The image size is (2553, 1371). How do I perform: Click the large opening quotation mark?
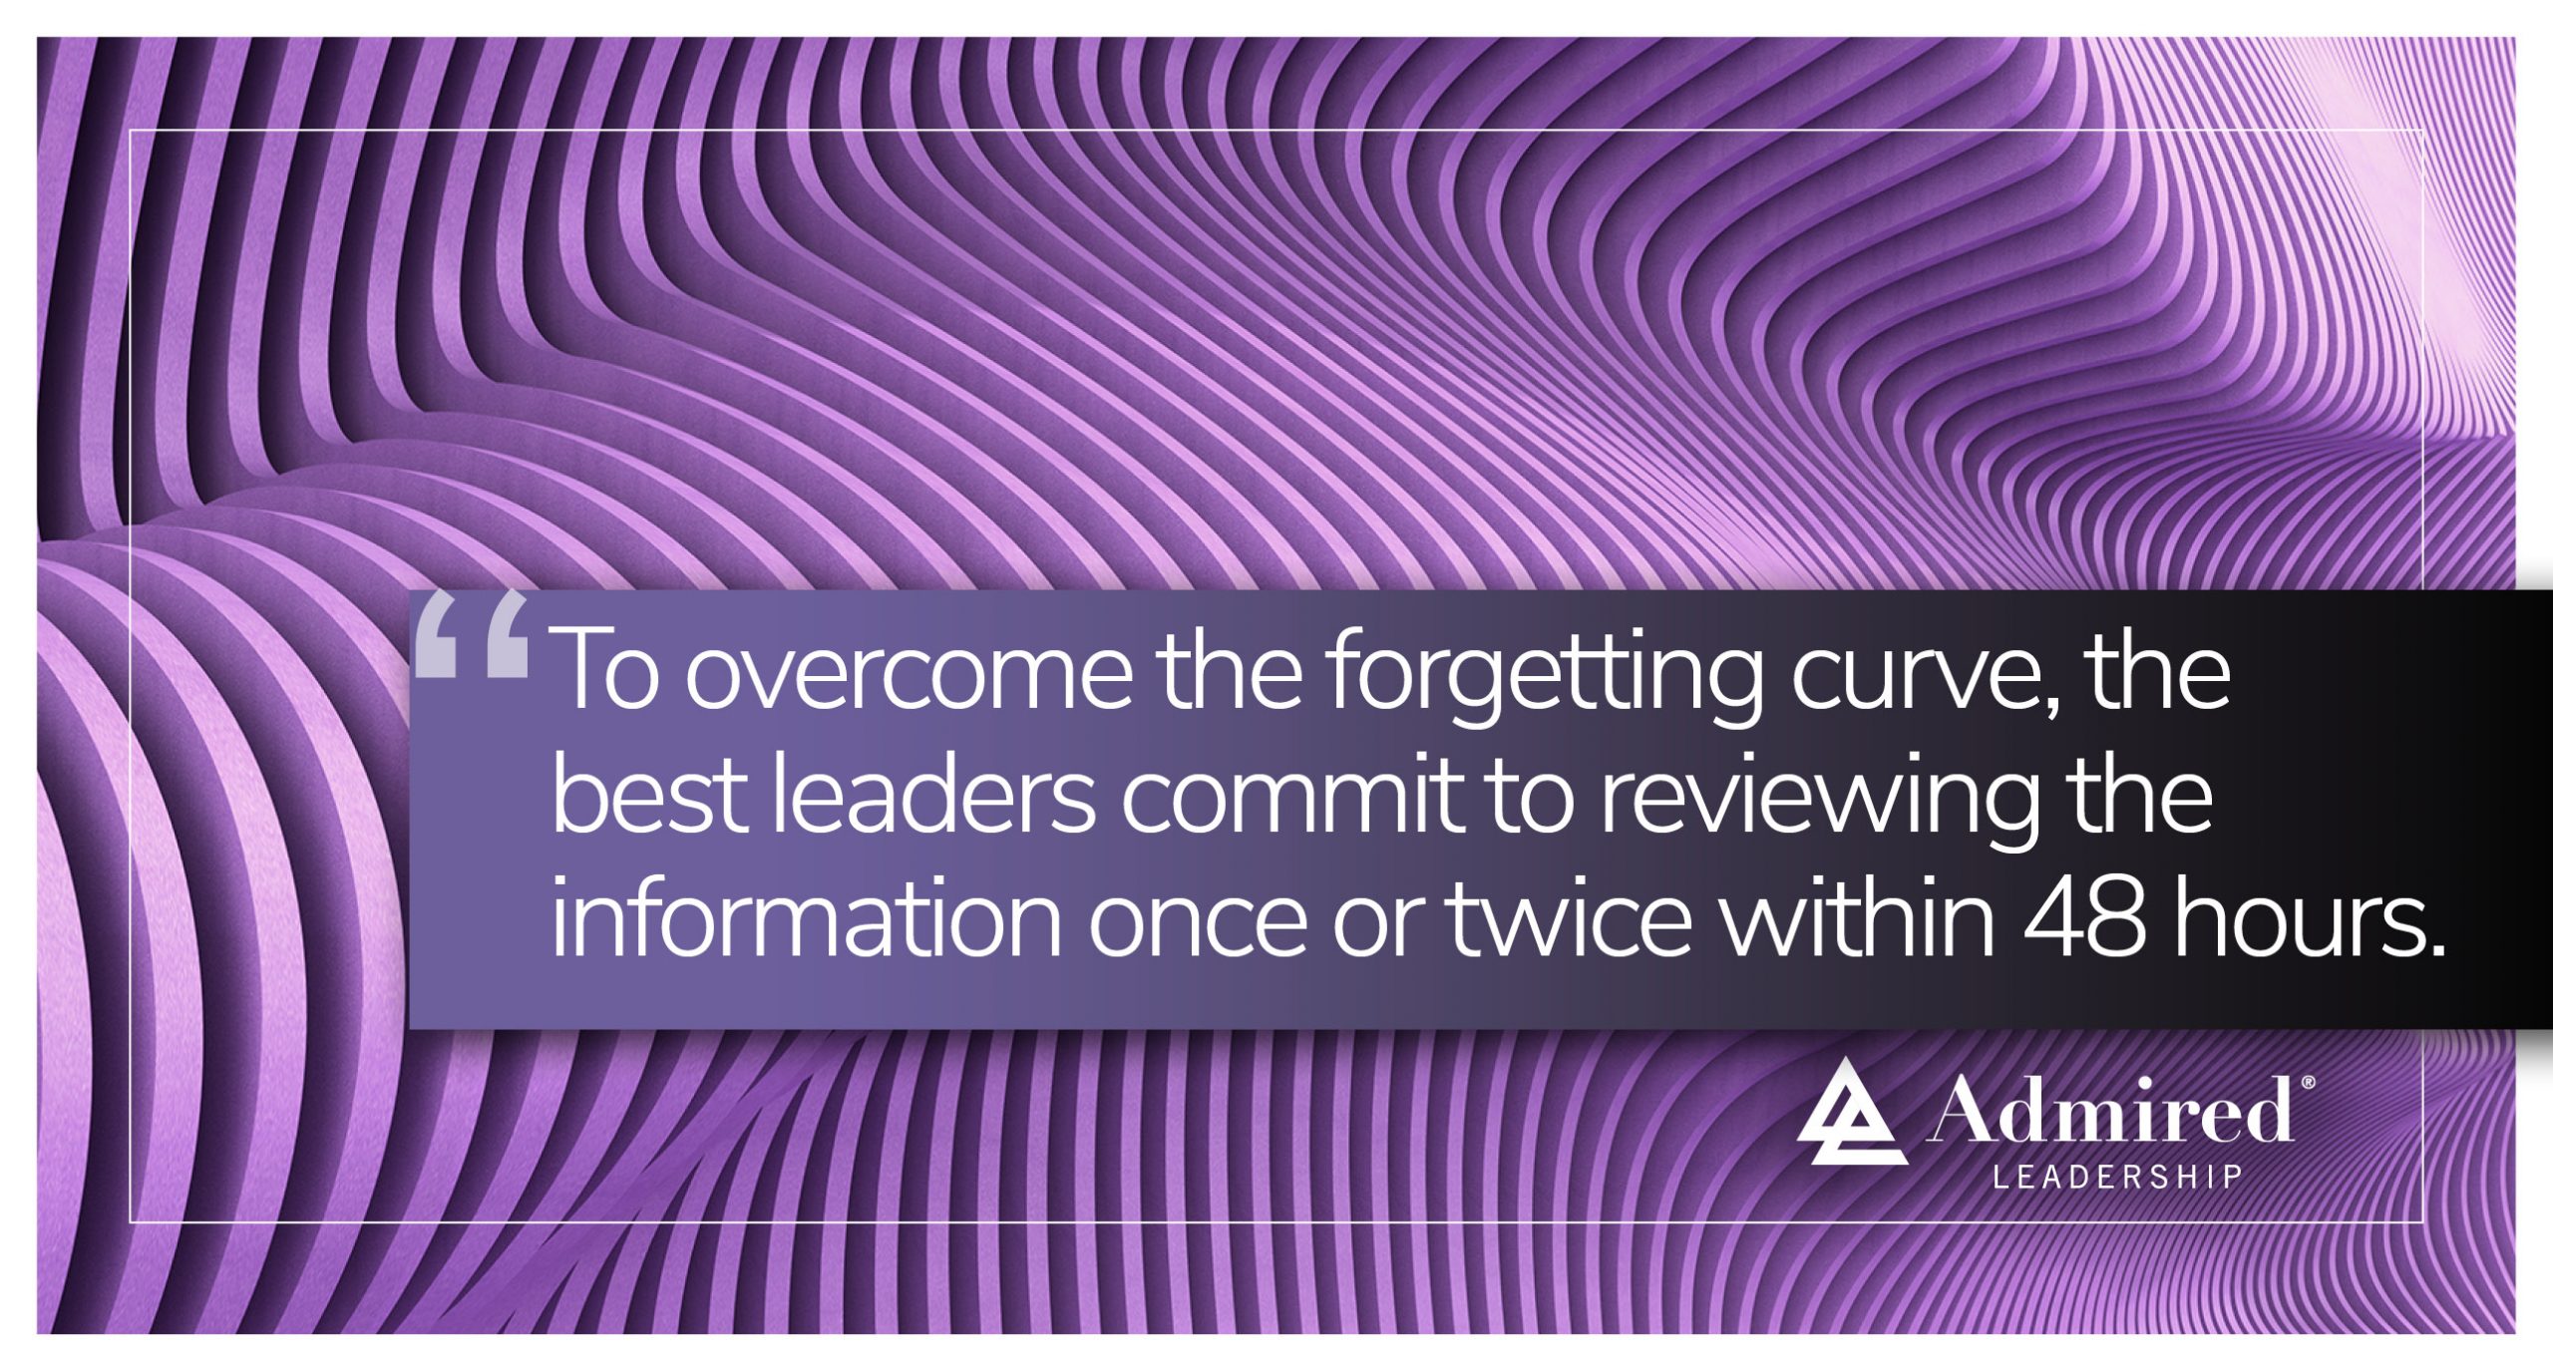(471, 635)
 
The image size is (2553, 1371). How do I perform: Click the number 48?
(2084, 921)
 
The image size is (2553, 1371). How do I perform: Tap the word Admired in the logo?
(2110, 1111)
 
